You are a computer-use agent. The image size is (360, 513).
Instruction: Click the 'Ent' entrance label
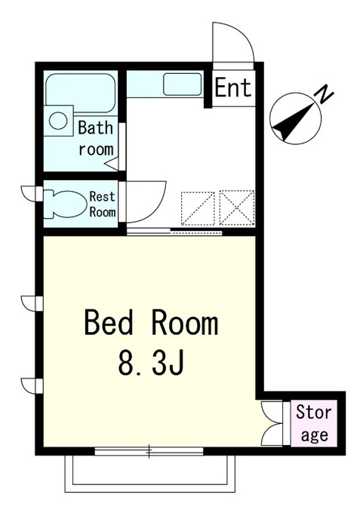(233, 88)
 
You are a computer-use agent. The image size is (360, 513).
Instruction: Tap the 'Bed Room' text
(151, 324)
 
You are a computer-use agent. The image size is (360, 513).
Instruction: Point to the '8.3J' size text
(150, 363)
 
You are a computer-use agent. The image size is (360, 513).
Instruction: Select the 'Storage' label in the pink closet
(314, 424)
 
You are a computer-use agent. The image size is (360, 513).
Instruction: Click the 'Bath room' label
(96, 138)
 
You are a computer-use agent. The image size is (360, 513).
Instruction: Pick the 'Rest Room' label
(103, 204)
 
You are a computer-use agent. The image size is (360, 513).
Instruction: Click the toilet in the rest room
(65, 204)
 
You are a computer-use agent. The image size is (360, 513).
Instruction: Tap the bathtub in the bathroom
(81, 93)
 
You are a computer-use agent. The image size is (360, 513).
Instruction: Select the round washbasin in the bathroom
(58, 121)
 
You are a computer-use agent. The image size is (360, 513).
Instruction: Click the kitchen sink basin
(183, 84)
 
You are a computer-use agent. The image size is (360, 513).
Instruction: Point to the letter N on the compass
(323, 94)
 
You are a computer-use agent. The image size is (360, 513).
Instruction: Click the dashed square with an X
(237, 207)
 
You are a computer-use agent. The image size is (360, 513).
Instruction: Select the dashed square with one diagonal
(198, 208)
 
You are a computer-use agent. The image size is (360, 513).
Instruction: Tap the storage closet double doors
(272, 424)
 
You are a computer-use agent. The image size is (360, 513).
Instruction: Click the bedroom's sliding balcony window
(149, 451)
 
